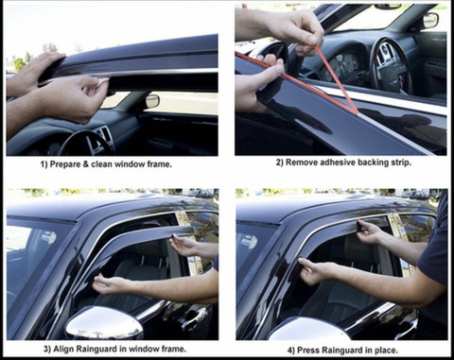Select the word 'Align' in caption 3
pos(62,349)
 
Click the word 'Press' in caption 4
pos(307,350)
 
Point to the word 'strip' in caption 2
pos(400,163)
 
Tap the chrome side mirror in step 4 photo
pos(309,328)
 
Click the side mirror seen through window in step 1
pos(152,101)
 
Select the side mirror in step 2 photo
pos(430,20)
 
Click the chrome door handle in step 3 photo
pos(189,315)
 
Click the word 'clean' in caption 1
pos(101,164)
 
